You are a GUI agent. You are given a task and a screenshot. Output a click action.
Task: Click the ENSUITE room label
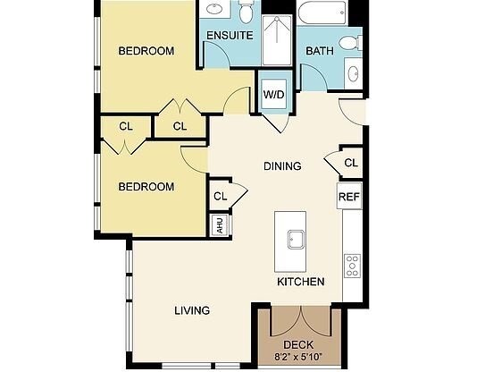230,36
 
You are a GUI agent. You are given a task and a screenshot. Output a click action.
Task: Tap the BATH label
320,51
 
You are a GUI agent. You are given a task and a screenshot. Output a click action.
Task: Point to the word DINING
282,165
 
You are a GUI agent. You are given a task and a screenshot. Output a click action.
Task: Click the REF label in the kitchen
347,197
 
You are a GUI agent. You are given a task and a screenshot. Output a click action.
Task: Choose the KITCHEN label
300,282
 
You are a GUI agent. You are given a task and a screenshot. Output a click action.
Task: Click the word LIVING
191,310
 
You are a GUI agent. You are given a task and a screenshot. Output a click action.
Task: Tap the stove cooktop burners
352,265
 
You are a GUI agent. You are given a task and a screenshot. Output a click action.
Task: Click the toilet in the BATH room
355,41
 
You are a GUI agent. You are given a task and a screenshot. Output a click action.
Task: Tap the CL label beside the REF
350,163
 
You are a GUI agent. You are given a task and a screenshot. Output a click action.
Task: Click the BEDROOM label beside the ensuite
146,51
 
